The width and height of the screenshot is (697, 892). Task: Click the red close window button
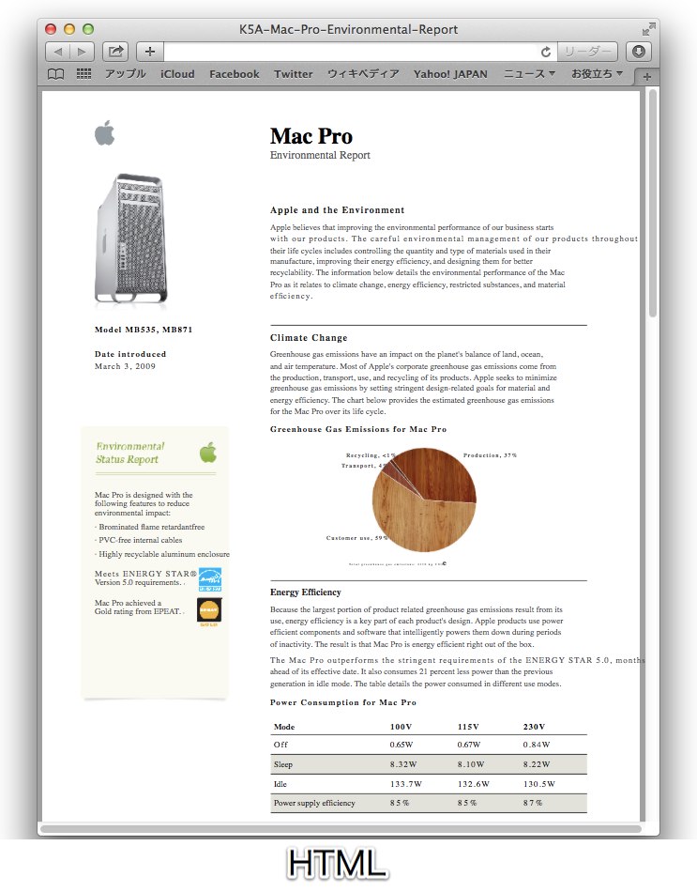(52, 30)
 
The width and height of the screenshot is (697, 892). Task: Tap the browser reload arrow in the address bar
(546, 52)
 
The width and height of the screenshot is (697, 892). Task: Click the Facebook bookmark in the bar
(235, 74)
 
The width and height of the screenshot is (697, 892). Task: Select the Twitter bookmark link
(294, 74)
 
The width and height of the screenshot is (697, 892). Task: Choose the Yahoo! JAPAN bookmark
(450, 74)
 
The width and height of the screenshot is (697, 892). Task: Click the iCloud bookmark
(177, 74)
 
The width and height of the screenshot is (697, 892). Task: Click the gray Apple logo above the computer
(104, 133)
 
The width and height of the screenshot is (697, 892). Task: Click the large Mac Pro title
(311, 136)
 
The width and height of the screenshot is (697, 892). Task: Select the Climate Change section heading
(309, 338)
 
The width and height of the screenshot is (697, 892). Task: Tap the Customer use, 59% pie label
(356, 538)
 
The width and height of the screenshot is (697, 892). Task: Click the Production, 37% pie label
(490, 455)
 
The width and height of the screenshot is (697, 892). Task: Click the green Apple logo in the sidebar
(207, 454)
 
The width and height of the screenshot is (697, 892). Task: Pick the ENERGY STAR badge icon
(210, 578)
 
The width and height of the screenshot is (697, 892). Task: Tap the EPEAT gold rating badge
(209, 612)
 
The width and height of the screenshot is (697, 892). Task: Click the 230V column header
(534, 727)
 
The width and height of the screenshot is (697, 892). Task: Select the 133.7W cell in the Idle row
(405, 784)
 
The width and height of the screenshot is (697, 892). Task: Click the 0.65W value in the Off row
(402, 745)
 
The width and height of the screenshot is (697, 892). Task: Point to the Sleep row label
(283, 764)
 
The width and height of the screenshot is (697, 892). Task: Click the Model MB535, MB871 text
(144, 330)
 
